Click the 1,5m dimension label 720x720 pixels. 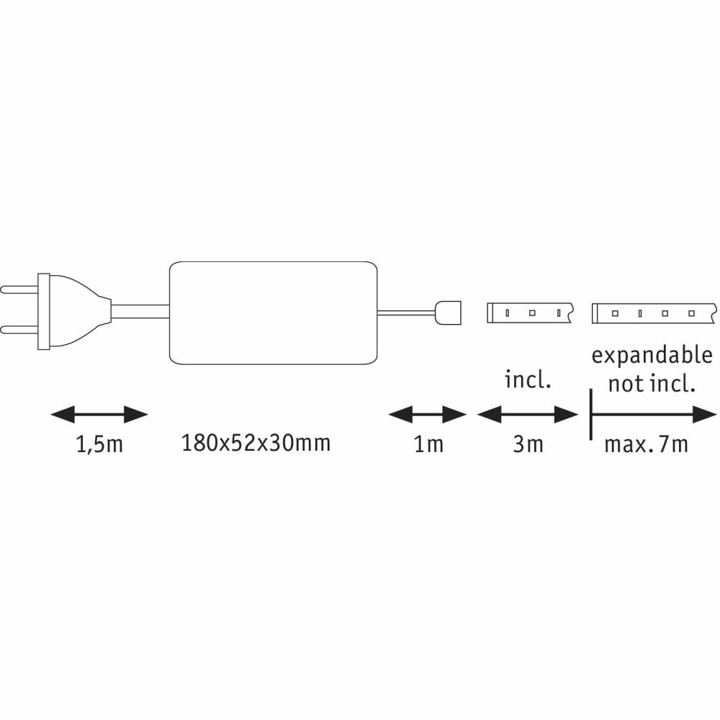pos(99,445)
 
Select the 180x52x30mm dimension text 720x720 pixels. pos(256,443)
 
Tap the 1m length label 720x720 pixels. pos(428,444)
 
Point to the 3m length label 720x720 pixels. pos(528,444)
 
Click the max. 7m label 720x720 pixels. pos(646,444)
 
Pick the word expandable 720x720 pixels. pos(652,356)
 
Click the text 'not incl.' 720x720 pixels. pos(652,384)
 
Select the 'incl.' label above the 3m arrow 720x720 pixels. pos(528,379)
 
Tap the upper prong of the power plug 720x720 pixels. pos(19,289)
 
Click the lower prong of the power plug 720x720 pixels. pos(19,330)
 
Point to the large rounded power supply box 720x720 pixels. pos(273,313)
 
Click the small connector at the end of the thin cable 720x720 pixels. pos(448,312)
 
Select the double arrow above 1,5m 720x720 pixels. pos(99,415)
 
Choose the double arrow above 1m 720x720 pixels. pos(428,415)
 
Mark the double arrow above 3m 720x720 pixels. pos(528,415)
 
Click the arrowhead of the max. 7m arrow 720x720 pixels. pos(705,415)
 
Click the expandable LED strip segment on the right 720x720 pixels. pos(654,313)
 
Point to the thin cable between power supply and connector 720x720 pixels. pos(406,313)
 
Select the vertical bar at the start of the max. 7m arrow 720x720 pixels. pos(591,415)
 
